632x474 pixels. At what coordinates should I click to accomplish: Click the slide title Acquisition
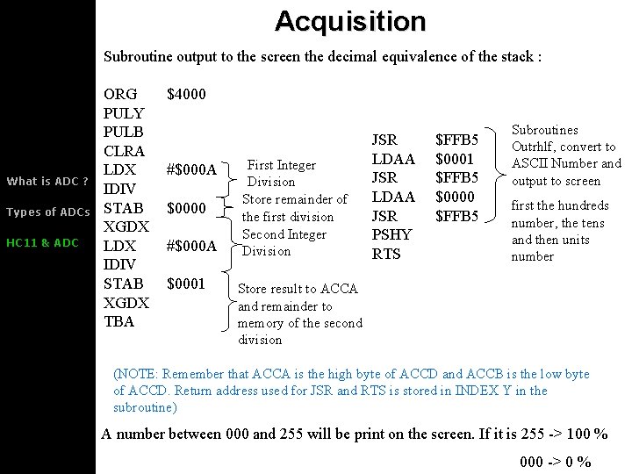coord(349,21)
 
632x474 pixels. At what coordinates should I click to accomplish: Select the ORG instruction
coord(120,94)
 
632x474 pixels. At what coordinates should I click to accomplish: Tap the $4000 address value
coord(186,94)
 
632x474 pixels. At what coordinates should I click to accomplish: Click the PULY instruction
coord(123,113)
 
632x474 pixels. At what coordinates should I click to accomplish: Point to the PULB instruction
coord(123,132)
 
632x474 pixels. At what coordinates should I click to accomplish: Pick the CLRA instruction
coord(124,151)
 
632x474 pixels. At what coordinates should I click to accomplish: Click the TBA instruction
coord(118,321)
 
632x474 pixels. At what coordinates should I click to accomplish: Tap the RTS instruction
coord(385,254)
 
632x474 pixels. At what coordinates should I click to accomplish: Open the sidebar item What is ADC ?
coord(47,182)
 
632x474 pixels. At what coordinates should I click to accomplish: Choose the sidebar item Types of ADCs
coord(47,212)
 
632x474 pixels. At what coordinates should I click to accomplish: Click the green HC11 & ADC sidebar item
coord(42,243)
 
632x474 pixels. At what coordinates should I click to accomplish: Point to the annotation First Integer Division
coord(281,173)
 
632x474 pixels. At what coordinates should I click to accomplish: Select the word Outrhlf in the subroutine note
coord(534,147)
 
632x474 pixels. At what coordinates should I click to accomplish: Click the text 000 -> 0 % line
coord(555,463)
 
